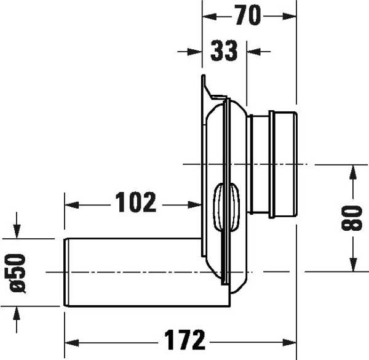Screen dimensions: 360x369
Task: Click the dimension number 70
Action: click(249, 17)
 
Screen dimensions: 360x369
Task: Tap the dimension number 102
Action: click(136, 202)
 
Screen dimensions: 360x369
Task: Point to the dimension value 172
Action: click(184, 339)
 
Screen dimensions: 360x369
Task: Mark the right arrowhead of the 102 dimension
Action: click(197, 202)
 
